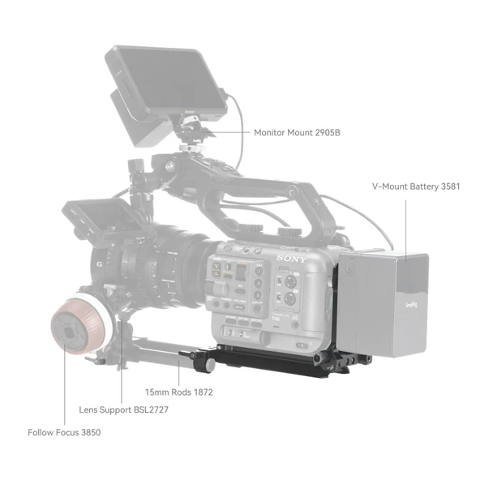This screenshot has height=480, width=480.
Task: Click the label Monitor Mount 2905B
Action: pos(296,132)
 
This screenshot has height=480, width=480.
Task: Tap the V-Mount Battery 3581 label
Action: pos(416,186)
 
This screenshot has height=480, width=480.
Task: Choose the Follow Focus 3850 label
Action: pos(64,432)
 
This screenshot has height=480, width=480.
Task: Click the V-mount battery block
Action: pos(383,304)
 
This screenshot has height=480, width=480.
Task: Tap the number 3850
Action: pos(88,432)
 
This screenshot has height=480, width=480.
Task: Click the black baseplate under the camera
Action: pos(276,357)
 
